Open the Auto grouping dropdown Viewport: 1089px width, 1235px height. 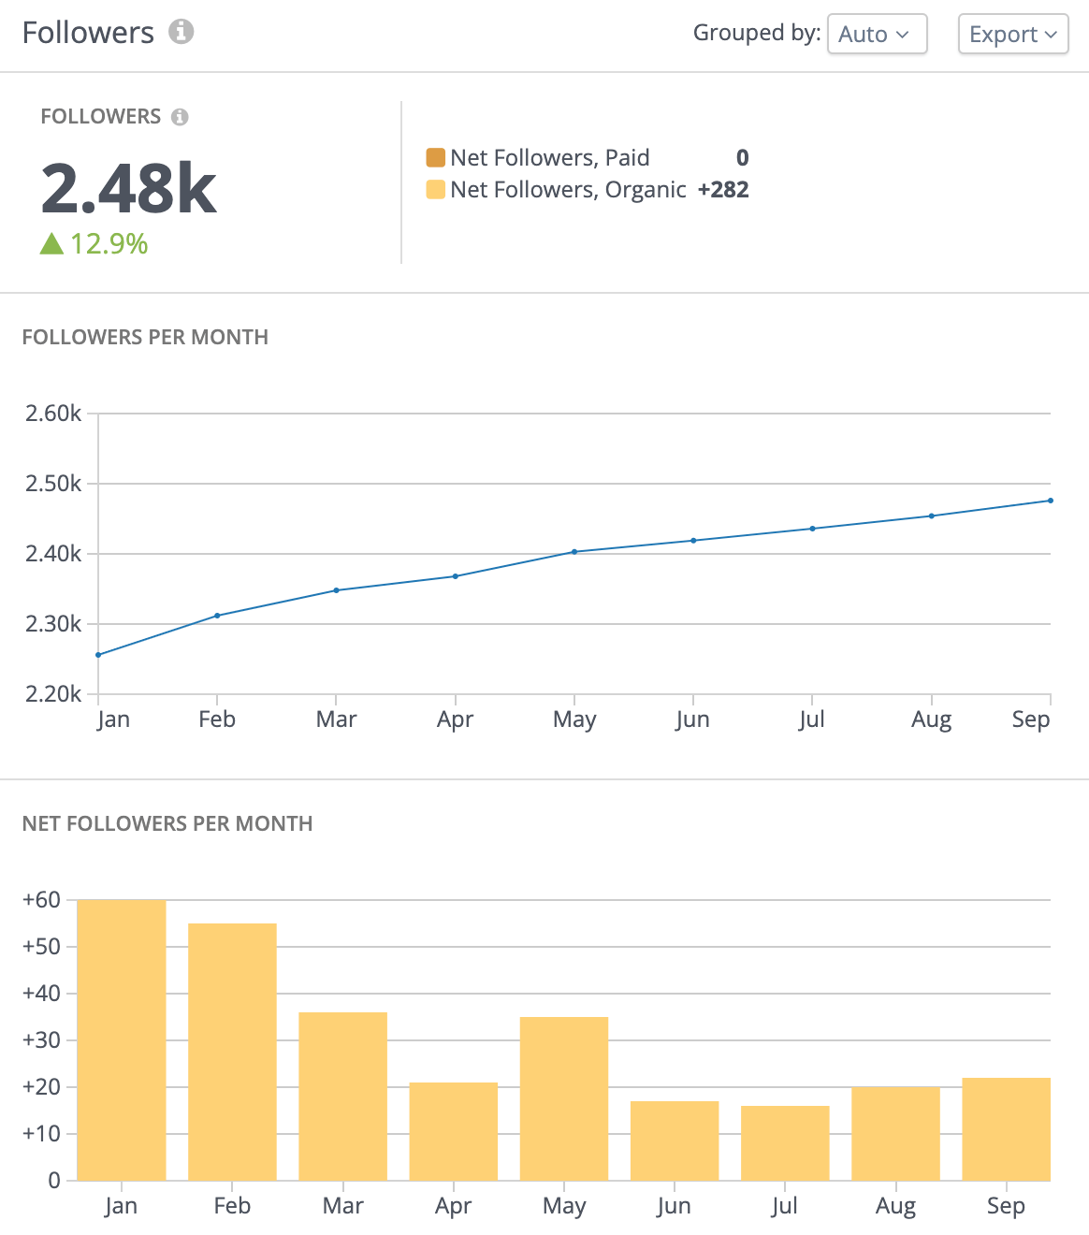pyautogui.click(x=876, y=35)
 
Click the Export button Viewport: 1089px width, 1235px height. pyautogui.click(x=1012, y=35)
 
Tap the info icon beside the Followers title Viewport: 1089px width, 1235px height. pyautogui.click(x=181, y=32)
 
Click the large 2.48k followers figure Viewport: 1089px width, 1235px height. pyautogui.click(x=129, y=189)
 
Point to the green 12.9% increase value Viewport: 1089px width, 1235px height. pyautogui.click(x=109, y=244)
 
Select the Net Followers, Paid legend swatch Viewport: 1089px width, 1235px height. pyautogui.click(x=435, y=157)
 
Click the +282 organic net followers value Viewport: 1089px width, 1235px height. pyautogui.click(x=723, y=190)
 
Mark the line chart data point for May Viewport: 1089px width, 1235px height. pyautogui.click(x=574, y=552)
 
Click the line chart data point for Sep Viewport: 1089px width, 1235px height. pyautogui.click(x=1050, y=501)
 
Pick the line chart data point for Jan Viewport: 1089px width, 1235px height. pyautogui.click(x=99, y=655)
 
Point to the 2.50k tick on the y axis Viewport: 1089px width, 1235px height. pyautogui.click(x=53, y=484)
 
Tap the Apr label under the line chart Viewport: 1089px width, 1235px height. pyautogui.click(x=455, y=719)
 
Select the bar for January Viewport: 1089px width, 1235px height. pyautogui.click(x=122, y=1039)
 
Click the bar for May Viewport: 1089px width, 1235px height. pyautogui.click(x=564, y=1097)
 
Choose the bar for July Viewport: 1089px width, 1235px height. pyautogui.click(x=785, y=1142)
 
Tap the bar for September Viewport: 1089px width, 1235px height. pyautogui.click(x=1006, y=1128)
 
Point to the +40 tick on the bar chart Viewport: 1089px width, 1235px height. pyautogui.click(x=41, y=994)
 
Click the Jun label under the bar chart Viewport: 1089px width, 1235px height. pyautogui.click(x=674, y=1206)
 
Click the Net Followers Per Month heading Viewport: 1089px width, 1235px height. pyautogui.click(x=167, y=823)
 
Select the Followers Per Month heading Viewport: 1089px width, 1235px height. pyautogui.click(x=145, y=337)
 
